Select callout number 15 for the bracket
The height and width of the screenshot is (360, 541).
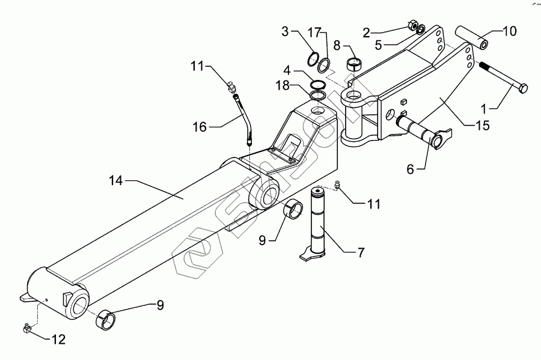[x=483, y=126]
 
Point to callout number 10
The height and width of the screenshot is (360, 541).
[x=510, y=31]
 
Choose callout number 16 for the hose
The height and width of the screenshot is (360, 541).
[x=200, y=127]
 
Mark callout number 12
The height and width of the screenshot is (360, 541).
[x=58, y=340]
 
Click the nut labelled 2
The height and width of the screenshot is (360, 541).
[x=412, y=25]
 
